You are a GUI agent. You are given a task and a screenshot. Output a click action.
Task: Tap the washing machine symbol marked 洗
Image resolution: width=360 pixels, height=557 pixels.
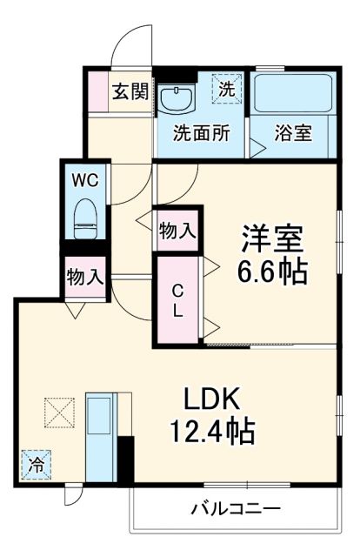tap(226, 88)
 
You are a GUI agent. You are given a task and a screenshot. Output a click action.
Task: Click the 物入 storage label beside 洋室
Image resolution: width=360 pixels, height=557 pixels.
tap(177, 232)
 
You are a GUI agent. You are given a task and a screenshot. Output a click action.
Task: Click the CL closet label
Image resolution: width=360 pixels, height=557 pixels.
tap(177, 301)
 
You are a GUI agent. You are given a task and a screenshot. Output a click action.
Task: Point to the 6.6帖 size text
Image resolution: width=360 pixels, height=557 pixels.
tap(272, 272)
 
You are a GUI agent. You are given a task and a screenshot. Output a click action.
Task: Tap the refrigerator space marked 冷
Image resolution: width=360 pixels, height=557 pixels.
tap(36, 466)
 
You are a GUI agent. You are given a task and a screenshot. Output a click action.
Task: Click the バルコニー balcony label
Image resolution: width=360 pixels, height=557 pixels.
tap(235, 508)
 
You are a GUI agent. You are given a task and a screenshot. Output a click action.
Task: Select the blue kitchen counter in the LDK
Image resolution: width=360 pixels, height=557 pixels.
tap(103, 435)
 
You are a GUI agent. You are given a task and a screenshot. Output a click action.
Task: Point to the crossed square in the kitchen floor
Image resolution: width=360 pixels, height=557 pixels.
tap(61, 413)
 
